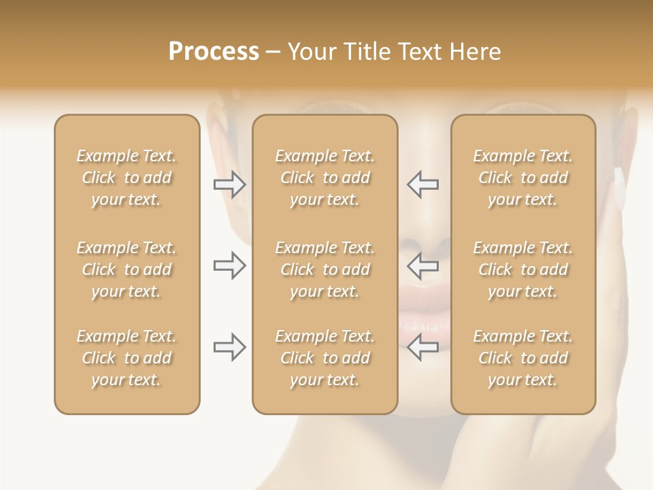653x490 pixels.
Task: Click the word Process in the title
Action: (214, 52)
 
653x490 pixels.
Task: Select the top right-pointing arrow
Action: (229, 184)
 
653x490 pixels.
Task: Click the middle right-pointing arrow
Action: (229, 265)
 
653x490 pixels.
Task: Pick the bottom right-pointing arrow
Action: (229, 347)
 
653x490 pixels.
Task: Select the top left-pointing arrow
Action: (423, 184)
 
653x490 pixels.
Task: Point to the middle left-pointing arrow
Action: (423, 265)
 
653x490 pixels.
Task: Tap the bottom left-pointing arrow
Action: (423, 347)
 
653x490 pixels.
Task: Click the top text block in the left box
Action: (127, 178)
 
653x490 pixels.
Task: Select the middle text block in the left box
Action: (127, 269)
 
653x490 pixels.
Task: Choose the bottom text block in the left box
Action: (127, 358)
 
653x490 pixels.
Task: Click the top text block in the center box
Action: (324, 178)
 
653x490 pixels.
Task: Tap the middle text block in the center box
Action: (324, 269)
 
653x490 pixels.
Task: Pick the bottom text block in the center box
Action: (324, 358)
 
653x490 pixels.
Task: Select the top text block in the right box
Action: (522, 178)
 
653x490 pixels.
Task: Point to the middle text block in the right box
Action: (522, 269)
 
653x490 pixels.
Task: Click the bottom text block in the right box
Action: (522, 358)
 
